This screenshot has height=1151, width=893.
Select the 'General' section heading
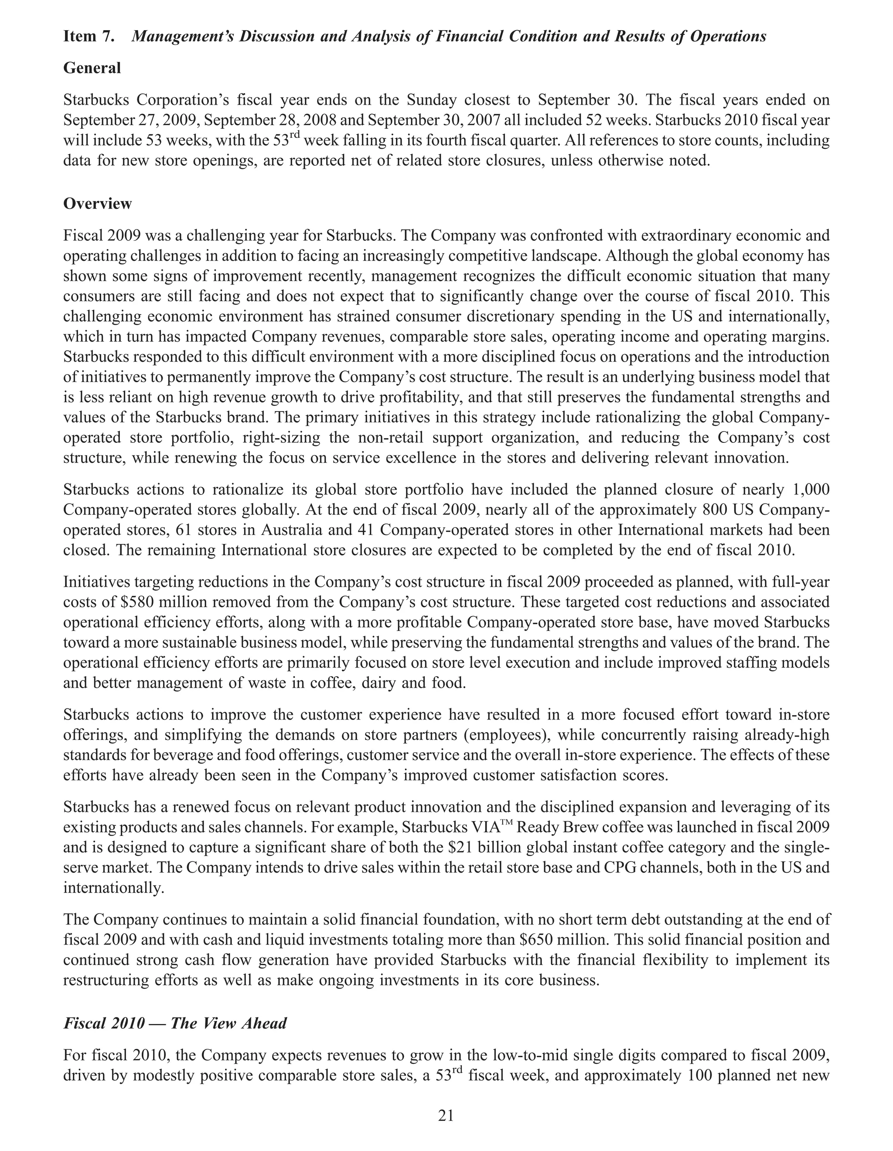click(92, 68)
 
